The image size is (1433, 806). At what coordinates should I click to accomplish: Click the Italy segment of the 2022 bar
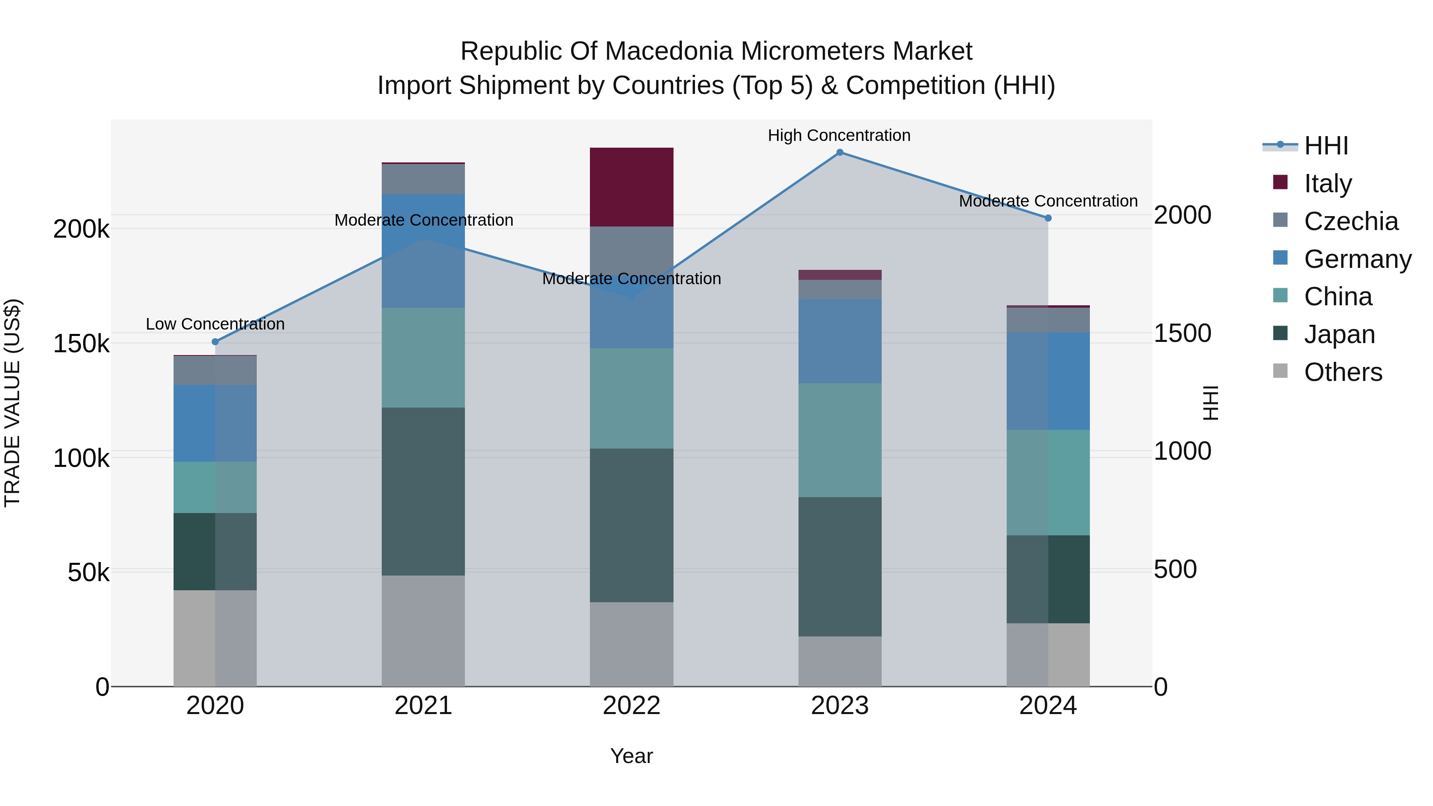click(x=631, y=187)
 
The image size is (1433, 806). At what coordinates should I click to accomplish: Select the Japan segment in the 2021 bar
click(x=424, y=491)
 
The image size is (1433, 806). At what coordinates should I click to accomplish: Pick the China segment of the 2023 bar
click(x=839, y=440)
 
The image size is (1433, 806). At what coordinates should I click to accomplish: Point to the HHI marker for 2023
click(x=840, y=152)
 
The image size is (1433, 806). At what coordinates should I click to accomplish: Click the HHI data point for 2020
click(x=215, y=342)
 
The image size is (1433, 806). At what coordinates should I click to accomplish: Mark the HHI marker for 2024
click(x=1048, y=218)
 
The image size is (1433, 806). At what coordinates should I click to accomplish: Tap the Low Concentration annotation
click(x=215, y=324)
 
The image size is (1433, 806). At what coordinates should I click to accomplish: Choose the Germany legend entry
click(x=1357, y=259)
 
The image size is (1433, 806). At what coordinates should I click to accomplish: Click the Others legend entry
click(x=1343, y=372)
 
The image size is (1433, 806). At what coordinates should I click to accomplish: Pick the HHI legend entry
click(x=1326, y=146)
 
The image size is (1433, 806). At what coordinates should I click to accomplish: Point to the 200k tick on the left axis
click(x=81, y=228)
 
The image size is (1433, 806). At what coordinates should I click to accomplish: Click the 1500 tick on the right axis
click(x=1182, y=333)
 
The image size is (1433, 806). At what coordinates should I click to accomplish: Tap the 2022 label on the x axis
click(x=631, y=706)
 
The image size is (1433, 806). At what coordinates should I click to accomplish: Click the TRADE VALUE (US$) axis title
click(x=13, y=403)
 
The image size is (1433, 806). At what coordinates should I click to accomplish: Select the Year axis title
click(x=631, y=756)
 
